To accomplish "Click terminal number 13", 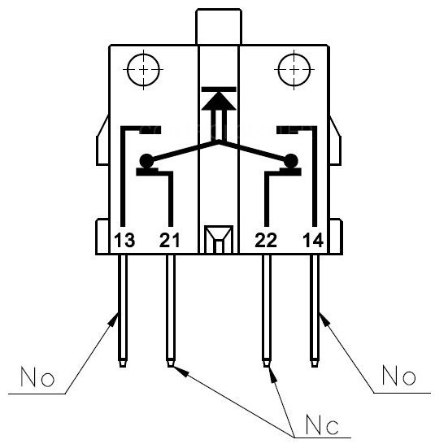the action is point(124,240).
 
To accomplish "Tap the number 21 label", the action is point(169,240).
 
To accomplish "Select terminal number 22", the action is point(266,240).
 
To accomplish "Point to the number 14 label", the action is point(313,240).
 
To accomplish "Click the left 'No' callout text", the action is point(37,377).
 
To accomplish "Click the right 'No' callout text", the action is point(399,375).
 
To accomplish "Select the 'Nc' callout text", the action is point(322,424).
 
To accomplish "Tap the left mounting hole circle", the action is point(143,69).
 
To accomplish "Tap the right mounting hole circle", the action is point(294,69).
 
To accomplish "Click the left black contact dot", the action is point(146,161).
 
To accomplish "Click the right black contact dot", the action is point(291,161).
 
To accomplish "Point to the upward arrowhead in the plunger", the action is point(219,101).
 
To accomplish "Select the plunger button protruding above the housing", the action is point(219,27).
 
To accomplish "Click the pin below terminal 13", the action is point(123,311).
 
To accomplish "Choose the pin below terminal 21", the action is point(170,311).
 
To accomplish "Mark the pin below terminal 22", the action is point(266,311).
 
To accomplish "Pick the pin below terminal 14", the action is point(315,311).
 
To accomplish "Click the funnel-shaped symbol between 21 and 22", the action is point(219,239).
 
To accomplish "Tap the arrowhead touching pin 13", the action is point(114,320).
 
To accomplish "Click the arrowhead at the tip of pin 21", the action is point(181,372).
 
